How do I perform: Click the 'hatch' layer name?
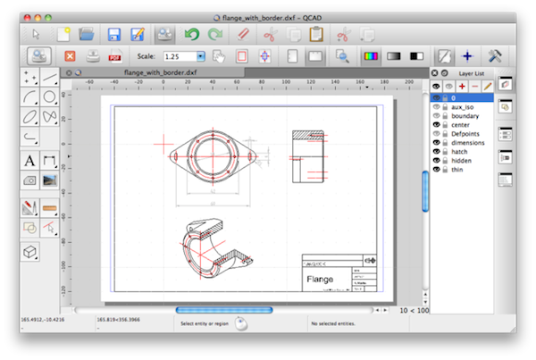[460, 152]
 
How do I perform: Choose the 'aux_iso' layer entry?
[463, 106]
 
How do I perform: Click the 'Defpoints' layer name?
[466, 134]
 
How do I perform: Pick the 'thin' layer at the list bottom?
[458, 171]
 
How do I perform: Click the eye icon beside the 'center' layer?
[436, 125]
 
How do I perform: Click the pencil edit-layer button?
[488, 85]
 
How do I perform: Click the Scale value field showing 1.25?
[178, 56]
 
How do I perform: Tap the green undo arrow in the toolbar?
[190, 34]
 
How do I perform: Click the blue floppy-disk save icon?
[114, 34]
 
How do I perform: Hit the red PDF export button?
[114, 56]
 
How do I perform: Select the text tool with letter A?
[29, 161]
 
